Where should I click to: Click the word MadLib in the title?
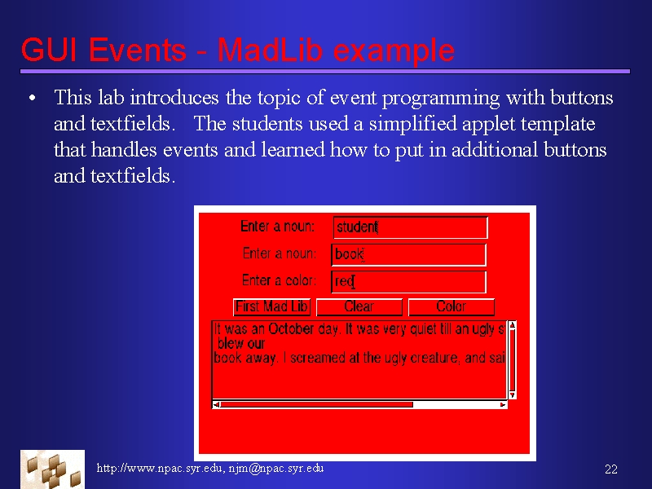270,50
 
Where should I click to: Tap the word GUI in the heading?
49,50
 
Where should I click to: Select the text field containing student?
411,227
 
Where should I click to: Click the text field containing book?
409,254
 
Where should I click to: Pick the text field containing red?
409,282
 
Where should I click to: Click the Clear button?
359,307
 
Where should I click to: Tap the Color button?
452,307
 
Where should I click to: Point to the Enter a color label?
279,280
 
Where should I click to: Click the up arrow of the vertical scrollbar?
513,325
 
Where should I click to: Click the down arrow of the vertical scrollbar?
513,394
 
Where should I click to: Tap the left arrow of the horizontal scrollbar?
216,404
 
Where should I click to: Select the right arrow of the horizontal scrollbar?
503,404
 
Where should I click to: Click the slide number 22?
610,469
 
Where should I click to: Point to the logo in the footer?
52,469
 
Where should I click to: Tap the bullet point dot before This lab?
32,99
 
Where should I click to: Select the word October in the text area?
291,329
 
